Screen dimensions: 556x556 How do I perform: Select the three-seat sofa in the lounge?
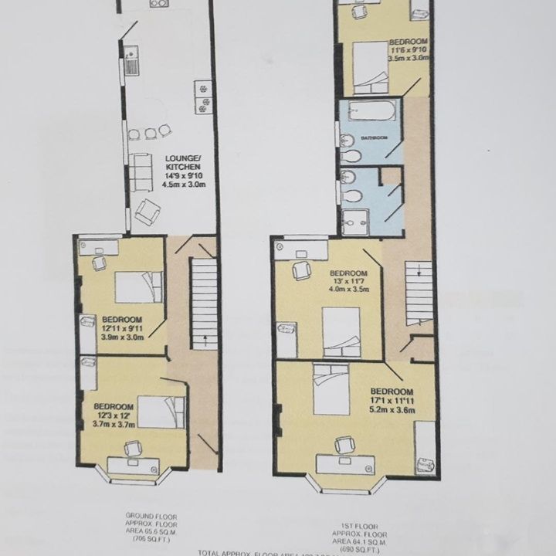tap(141, 171)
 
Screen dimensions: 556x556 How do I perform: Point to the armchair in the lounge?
tap(145, 208)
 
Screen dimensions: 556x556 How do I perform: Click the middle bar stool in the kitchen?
tap(148, 134)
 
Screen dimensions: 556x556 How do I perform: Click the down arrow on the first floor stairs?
tap(418, 270)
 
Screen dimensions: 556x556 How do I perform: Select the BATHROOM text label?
tap(380, 137)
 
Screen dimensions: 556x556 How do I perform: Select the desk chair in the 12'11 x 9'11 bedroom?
tap(100, 262)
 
